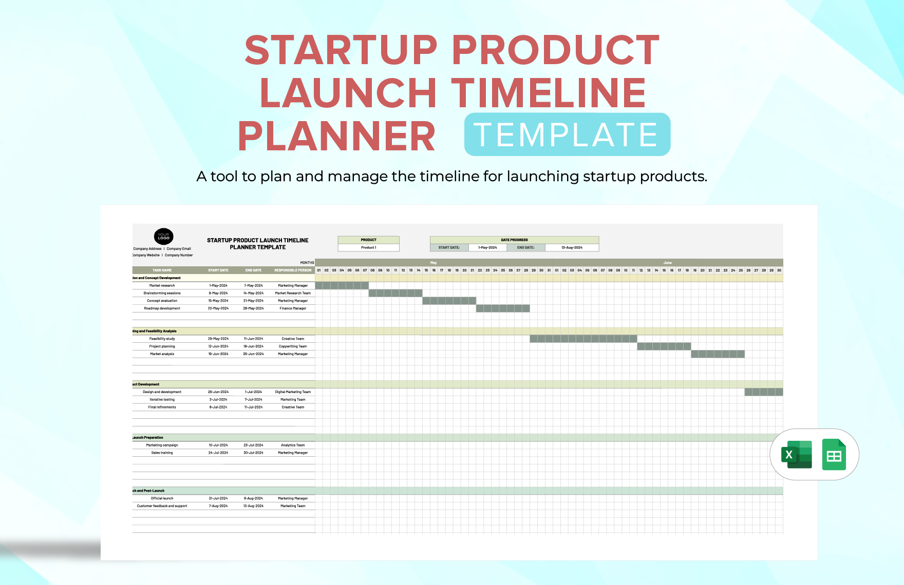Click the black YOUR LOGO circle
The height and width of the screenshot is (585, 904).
point(163,236)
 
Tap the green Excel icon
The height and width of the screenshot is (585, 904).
point(796,455)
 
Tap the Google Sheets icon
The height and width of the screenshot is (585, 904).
point(834,455)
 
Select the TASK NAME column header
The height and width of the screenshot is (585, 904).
point(162,270)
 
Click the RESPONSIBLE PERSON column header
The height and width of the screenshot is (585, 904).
point(293,270)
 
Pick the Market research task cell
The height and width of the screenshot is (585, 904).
point(162,285)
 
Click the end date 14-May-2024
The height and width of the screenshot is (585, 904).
point(253,293)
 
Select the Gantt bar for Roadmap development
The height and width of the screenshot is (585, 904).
point(502,308)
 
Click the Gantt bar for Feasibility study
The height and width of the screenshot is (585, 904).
point(583,339)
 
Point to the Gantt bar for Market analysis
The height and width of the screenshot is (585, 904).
point(717,354)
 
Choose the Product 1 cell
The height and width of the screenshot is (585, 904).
point(368,247)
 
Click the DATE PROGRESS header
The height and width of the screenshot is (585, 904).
point(514,240)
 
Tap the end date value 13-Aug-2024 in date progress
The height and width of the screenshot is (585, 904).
point(572,247)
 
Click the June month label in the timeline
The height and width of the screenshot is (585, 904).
point(667,262)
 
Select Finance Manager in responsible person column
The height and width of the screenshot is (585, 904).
point(293,308)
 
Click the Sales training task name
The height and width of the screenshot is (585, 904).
point(162,453)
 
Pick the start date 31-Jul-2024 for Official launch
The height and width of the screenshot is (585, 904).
point(218,498)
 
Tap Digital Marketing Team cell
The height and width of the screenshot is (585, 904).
point(293,392)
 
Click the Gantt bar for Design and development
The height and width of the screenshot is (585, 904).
point(763,392)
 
